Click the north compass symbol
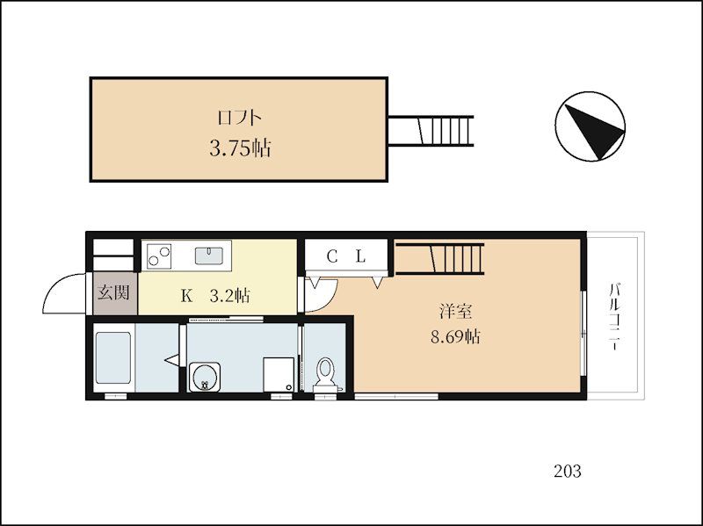pyautogui.click(x=590, y=127)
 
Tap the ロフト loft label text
pyautogui.click(x=240, y=117)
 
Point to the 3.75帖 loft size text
pyautogui.click(x=240, y=148)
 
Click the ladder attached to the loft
pyautogui.click(x=434, y=130)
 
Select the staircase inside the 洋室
pyautogui.click(x=439, y=258)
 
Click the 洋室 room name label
pyautogui.click(x=454, y=311)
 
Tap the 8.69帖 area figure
pyautogui.click(x=454, y=336)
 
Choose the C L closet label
pyautogui.click(x=345, y=256)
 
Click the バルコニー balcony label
pyautogui.click(x=616, y=316)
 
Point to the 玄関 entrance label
pyautogui.click(x=113, y=292)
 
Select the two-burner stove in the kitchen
pyautogui.click(x=159, y=256)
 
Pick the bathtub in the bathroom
pyautogui.click(x=112, y=359)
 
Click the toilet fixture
pyautogui.click(x=326, y=373)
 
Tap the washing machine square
pyautogui.click(x=277, y=372)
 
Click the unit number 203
pyautogui.click(x=567, y=471)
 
